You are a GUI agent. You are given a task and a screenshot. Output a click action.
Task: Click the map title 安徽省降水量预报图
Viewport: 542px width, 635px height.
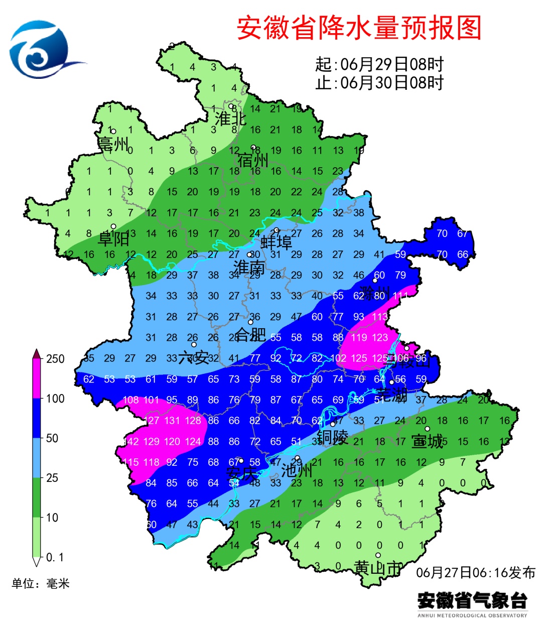(359, 28)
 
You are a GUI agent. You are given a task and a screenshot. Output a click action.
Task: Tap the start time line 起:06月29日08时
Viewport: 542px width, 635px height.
(379, 64)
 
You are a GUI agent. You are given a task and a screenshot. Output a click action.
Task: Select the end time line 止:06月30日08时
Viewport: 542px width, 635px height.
(379, 82)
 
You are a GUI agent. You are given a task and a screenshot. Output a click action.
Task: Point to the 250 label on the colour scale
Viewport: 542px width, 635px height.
(55, 359)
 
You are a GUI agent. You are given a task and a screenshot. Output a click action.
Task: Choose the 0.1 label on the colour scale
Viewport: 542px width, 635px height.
(55, 557)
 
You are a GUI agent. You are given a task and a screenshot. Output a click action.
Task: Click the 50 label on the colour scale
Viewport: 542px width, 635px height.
(52, 438)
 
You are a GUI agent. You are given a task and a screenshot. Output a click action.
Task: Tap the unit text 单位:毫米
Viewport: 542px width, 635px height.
(41, 583)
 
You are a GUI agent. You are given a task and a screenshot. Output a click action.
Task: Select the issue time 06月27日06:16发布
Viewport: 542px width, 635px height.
(475, 572)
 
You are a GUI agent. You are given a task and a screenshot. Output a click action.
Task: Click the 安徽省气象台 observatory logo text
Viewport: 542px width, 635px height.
(472, 600)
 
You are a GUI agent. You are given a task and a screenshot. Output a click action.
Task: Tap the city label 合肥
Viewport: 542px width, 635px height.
(250, 334)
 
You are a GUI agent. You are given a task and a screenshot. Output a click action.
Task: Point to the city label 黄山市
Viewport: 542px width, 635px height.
(378, 568)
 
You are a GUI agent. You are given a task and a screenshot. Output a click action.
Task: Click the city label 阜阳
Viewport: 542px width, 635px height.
(113, 238)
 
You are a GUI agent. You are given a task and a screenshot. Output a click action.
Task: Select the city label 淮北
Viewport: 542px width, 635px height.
(231, 119)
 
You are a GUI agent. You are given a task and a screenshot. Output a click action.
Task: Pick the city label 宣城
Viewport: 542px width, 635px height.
(427, 441)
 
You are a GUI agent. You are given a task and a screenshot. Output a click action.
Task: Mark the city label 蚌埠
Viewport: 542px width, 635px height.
(276, 242)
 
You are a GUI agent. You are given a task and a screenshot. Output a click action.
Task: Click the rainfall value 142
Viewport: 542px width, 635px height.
(130, 442)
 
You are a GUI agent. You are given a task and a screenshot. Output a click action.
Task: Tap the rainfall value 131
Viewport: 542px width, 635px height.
(172, 421)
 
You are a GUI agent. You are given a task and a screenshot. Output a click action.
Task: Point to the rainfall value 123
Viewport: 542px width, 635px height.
(380, 337)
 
